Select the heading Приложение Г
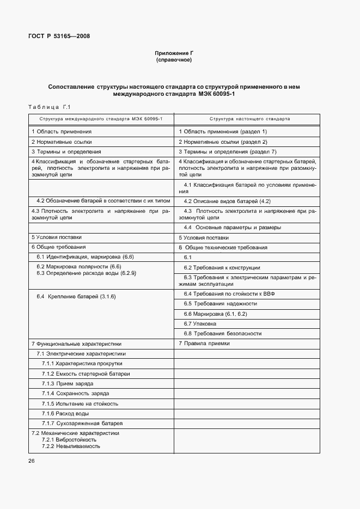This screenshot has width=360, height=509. [x=174, y=53]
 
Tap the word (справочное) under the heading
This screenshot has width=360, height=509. [x=174, y=59]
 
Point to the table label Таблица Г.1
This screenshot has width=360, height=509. [x=49, y=107]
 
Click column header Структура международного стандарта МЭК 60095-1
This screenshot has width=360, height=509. [x=101, y=118]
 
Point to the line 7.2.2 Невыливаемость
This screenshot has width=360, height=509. [x=71, y=446]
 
